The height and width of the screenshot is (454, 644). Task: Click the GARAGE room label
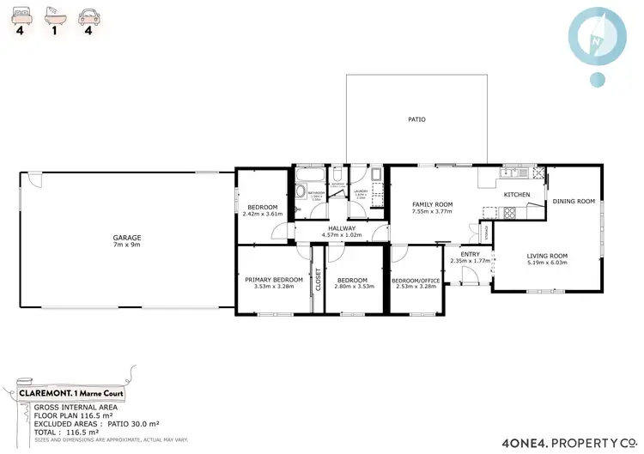[x=126, y=237]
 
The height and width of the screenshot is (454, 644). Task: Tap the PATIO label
[x=416, y=119]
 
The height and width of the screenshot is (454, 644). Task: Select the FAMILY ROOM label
[x=432, y=204]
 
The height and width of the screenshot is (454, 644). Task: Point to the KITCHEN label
[x=516, y=195]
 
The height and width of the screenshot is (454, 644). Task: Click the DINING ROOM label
[x=574, y=201]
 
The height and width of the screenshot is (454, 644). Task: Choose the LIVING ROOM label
[x=547, y=255]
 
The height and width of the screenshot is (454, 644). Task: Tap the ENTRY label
[x=471, y=253]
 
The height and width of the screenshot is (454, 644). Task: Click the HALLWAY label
[x=341, y=228]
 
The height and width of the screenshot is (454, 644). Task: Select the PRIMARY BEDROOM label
[x=274, y=280]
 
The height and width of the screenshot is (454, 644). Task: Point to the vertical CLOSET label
[x=318, y=281]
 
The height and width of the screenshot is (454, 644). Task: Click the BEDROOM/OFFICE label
[x=416, y=281]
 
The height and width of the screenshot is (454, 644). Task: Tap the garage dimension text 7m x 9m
[x=126, y=245]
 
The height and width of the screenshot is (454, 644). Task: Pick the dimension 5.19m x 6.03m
[x=547, y=263]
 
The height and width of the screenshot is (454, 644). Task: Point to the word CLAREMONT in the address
[x=45, y=392]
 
